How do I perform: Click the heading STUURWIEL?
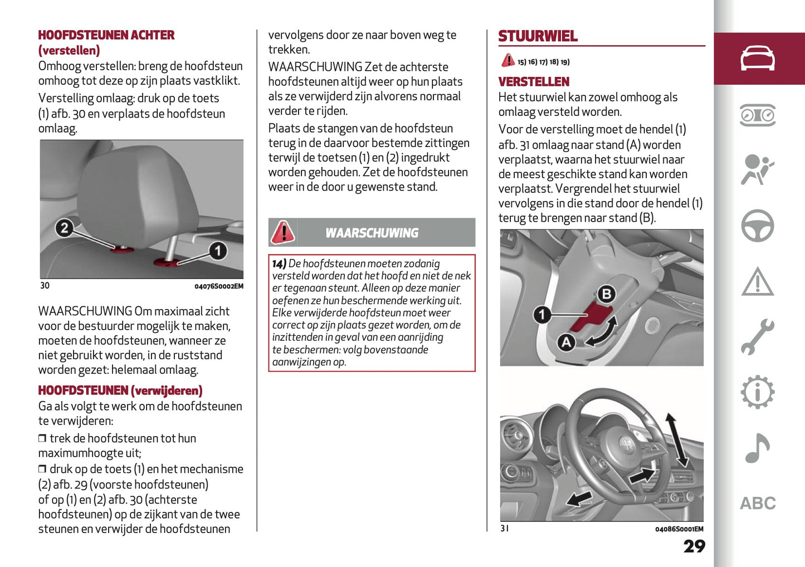[538, 36]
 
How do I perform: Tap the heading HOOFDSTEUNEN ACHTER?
[106, 35]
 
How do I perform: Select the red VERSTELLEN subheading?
[534, 82]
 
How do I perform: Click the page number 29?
[694, 546]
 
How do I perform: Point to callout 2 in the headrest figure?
[65, 228]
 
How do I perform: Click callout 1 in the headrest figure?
[218, 251]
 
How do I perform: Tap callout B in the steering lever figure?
[606, 294]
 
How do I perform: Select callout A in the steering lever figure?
[567, 341]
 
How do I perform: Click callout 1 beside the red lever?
[542, 315]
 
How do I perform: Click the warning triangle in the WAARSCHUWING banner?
[283, 232]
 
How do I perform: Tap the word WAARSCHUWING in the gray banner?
[372, 233]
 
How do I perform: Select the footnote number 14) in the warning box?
[279, 263]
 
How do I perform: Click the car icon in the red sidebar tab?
[757, 58]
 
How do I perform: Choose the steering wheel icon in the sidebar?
[757, 226]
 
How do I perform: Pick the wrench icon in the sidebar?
[757, 337]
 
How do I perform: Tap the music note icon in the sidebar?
[757, 448]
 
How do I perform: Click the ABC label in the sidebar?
[757, 504]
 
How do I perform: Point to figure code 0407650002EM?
[218, 286]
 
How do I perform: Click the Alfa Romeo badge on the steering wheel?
[628, 444]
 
